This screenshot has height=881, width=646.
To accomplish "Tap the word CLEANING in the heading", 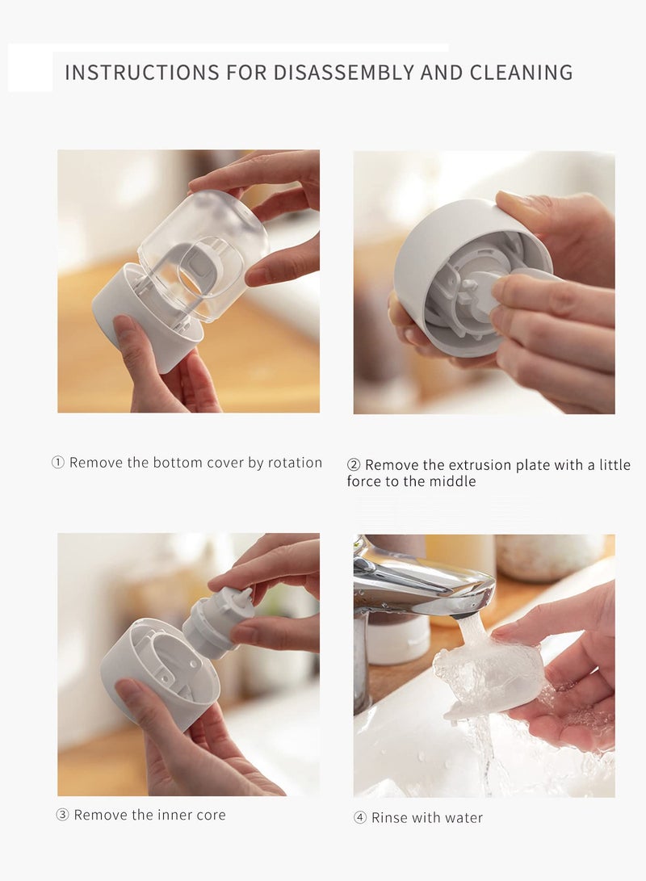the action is (522, 73).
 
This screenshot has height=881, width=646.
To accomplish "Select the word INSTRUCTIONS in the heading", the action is (142, 73).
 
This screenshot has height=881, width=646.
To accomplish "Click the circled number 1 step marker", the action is (58, 463).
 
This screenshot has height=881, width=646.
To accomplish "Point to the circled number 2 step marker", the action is (354, 464).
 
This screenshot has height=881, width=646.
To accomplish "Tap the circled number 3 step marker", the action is (62, 815).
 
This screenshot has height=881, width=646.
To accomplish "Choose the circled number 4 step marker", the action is (360, 817).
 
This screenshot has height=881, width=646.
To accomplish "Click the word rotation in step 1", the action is (295, 463).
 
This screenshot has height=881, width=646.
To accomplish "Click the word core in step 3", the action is (212, 816).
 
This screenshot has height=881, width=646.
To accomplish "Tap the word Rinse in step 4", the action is (389, 817).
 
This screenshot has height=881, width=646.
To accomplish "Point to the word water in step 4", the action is (464, 818).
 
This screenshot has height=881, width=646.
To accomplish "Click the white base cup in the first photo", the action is (146, 317).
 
